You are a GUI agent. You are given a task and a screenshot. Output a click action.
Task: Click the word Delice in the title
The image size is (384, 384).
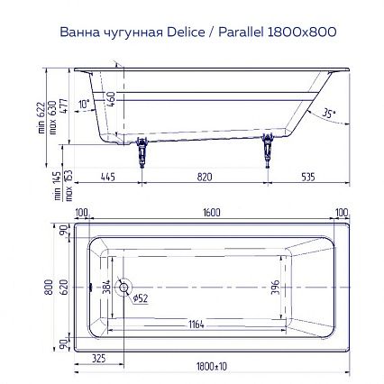click(x=186, y=32)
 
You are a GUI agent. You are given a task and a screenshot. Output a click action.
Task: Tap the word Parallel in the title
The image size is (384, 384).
click(x=241, y=32)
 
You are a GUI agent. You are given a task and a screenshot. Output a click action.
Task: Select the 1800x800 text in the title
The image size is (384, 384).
click(x=301, y=32)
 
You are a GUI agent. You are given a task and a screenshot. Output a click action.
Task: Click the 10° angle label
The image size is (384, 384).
click(x=85, y=104)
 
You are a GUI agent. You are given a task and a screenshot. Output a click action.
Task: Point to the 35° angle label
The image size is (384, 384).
click(x=329, y=113)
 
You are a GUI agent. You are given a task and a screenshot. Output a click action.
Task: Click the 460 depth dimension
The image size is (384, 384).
click(x=111, y=99)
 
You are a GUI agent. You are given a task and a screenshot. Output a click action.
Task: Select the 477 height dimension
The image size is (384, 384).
click(x=64, y=105)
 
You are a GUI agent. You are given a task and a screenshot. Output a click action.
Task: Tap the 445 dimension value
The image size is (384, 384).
click(x=108, y=177)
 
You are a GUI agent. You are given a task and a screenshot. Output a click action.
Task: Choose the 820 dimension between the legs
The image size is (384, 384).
click(x=205, y=177)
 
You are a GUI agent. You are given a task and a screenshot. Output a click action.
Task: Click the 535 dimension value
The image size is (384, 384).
click(x=308, y=177)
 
